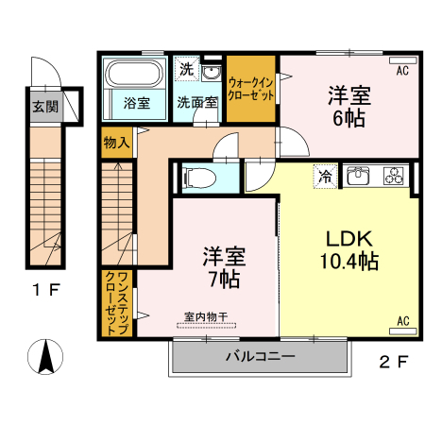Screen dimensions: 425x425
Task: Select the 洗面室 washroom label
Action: [197, 102]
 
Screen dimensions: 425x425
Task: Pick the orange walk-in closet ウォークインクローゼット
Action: [250, 88]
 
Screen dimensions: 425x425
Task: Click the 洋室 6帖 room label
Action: [348, 106]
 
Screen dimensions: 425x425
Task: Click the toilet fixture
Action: [199, 177]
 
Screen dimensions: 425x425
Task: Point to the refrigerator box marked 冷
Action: [325, 175]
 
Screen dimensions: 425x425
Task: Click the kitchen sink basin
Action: [360, 175]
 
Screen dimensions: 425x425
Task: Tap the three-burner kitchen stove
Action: [392, 175]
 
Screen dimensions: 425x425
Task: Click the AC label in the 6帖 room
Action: [401, 71]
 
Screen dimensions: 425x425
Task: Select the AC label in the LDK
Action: [402, 321]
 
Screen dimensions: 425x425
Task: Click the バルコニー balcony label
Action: [260, 358]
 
